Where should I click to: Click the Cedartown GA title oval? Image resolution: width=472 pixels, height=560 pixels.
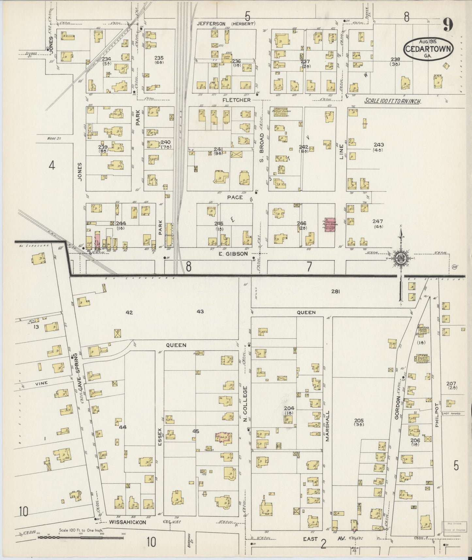click(429, 48)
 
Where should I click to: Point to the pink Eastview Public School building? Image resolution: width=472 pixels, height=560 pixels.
click(330, 225)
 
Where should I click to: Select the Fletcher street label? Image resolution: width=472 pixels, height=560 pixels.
click(237, 100)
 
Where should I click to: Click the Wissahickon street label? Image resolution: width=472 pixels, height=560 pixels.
click(127, 522)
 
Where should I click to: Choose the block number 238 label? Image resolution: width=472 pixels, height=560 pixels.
click(395, 59)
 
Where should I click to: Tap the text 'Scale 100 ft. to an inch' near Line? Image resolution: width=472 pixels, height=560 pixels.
click(393, 101)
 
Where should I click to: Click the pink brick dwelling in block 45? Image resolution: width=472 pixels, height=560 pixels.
click(223, 437)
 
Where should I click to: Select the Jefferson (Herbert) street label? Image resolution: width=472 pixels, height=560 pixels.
click(226, 24)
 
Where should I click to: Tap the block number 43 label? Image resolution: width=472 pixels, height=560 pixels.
click(200, 311)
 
